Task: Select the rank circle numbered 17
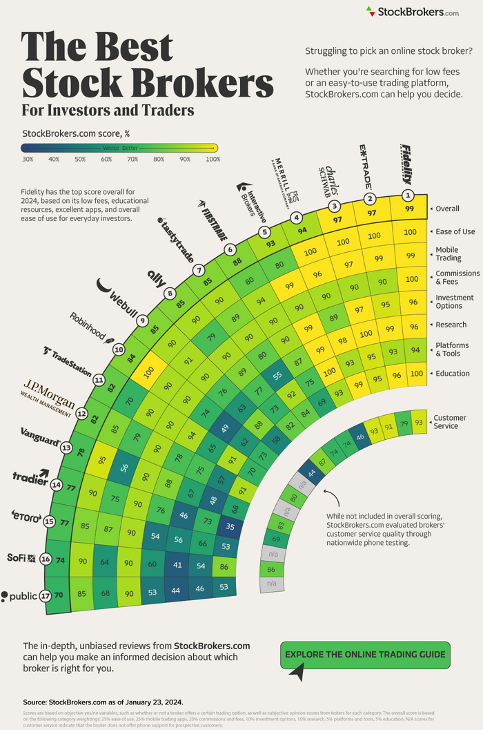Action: click(x=46, y=595)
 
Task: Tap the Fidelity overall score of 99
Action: click(x=409, y=209)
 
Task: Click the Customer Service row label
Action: click(x=449, y=422)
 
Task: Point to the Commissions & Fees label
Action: click(x=457, y=278)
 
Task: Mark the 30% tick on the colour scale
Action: click(x=28, y=159)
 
